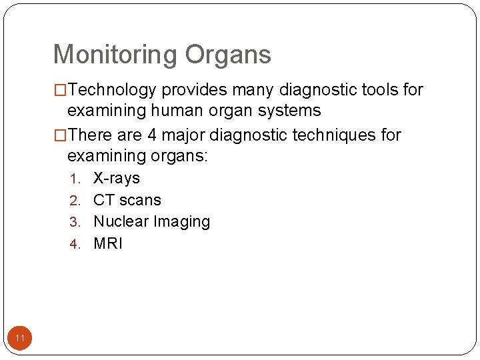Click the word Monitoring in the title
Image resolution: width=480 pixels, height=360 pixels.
tap(115, 55)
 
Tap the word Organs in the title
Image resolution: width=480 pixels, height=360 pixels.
tap(228, 55)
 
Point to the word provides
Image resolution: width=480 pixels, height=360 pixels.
tap(193, 90)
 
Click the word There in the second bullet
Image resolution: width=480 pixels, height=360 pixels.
tap(91, 135)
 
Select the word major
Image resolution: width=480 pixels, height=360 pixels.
tap(183, 135)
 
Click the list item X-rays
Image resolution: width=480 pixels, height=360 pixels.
tap(117, 178)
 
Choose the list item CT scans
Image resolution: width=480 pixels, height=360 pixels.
tap(127, 200)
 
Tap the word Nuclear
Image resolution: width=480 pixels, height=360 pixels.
tap(121, 221)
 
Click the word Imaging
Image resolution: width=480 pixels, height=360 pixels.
tap(181, 221)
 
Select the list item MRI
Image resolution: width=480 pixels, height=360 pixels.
tap(108, 243)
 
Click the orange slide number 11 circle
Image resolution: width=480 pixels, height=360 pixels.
tap(20, 339)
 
